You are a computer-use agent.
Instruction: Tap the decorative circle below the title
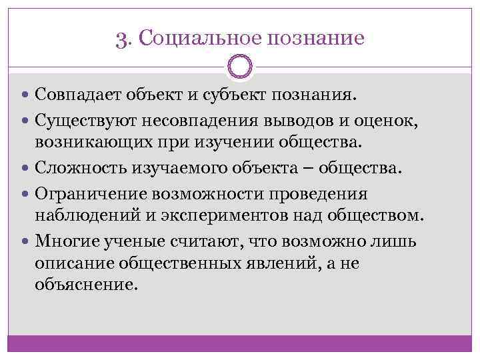click(239, 67)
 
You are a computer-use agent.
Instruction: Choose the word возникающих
click(93, 141)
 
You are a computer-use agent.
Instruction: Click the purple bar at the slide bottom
click(239, 343)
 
